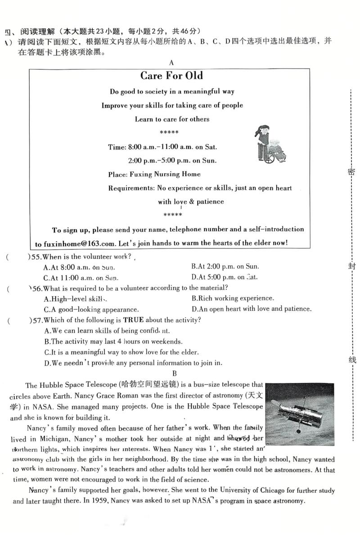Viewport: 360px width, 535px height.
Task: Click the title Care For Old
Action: coord(171,76)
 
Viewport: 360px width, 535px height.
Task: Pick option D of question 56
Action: coord(251,309)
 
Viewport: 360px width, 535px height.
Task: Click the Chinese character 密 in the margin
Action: coord(351,172)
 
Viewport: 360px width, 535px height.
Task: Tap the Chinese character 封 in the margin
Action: coord(351,266)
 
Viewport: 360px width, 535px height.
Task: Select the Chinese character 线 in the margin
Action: coord(351,360)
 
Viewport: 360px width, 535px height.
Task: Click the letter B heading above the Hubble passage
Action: coord(175,373)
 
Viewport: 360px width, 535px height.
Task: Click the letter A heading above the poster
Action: coord(171,63)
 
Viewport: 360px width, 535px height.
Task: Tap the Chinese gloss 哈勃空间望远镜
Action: coord(150,385)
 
